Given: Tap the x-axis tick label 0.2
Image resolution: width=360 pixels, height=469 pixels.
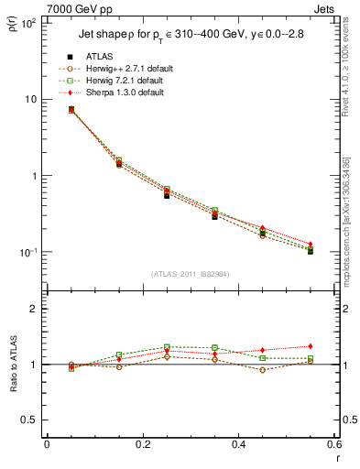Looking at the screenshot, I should pos(142,445).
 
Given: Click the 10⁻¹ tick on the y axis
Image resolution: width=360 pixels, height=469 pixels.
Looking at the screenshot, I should pos(29,253).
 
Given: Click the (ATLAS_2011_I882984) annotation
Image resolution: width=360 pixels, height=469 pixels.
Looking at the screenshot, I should pos(191,275).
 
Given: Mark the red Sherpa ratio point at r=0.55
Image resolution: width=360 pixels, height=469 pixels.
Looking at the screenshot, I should pos(311,346).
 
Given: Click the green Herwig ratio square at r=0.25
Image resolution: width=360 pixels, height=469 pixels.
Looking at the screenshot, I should pos(167,347).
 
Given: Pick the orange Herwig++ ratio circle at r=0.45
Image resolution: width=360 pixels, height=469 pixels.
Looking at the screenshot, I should pos(263,370).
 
